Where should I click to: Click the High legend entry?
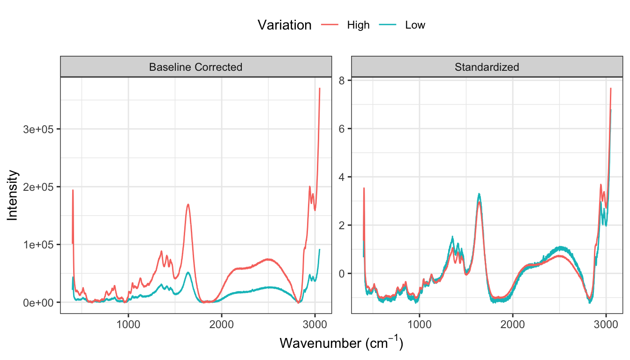(x=358, y=25)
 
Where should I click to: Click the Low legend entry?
(x=415, y=25)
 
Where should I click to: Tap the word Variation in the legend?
(x=285, y=25)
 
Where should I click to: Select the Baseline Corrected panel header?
(x=195, y=67)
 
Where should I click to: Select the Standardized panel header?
(x=487, y=67)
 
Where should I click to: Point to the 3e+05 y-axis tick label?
(x=41, y=129)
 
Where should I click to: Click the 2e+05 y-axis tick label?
(x=41, y=187)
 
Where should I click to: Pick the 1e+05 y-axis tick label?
(x=41, y=245)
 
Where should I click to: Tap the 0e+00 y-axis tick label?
(x=41, y=302)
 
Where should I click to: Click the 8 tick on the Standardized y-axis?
(x=342, y=81)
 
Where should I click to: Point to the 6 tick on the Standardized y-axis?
(x=342, y=129)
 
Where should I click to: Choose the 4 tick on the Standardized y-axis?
(x=342, y=177)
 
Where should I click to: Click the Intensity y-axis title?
(x=13, y=195)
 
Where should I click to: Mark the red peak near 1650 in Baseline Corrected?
(x=188, y=204)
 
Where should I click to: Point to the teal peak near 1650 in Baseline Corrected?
(x=188, y=272)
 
